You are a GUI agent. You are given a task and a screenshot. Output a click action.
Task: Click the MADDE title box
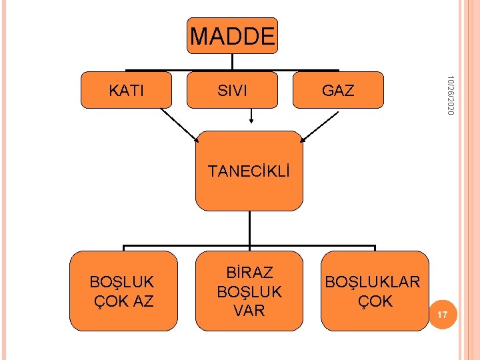coord(232,36)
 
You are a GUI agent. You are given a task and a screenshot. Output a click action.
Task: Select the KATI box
coord(125,90)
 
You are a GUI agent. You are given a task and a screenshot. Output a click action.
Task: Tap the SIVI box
coord(232,90)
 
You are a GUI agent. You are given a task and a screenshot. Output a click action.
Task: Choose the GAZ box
coord(338,90)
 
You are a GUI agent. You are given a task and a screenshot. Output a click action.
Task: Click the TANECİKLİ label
coord(249,171)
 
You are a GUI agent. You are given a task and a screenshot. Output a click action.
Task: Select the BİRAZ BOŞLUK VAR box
coord(249,291)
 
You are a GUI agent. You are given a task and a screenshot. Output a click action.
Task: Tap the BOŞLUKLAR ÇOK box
coord(374,291)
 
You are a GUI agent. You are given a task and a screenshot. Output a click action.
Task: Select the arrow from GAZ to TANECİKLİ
coord(319,125)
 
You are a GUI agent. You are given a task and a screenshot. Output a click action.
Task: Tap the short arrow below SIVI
coord(251,116)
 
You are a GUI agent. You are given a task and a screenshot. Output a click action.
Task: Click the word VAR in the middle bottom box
coord(249,310)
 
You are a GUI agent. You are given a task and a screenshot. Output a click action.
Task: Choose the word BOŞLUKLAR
coord(373,281)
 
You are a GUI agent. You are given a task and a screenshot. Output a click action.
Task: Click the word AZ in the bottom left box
coord(142,301)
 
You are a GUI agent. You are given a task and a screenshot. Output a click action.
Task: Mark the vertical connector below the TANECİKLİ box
coord(249,227)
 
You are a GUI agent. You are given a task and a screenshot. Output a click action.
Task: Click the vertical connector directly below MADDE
coord(232,61)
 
